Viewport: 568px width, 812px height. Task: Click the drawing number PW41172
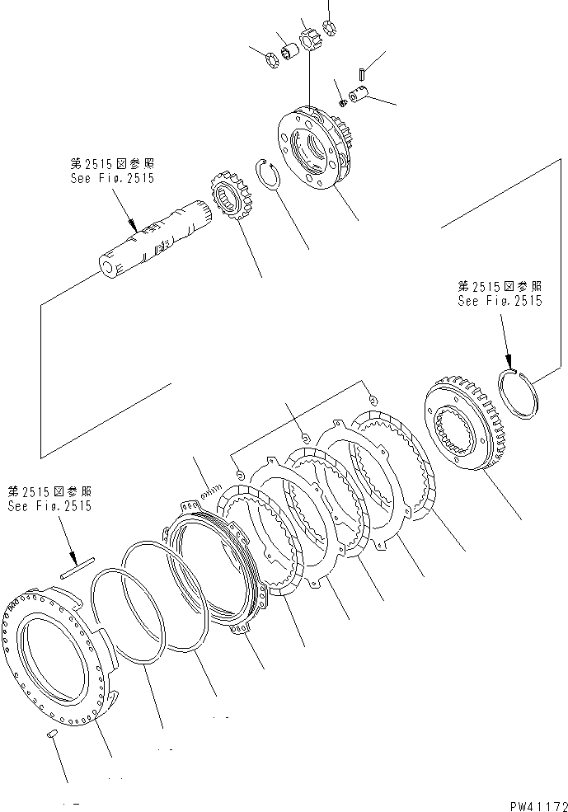coord(528,800)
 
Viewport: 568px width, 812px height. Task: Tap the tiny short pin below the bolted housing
coord(52,732)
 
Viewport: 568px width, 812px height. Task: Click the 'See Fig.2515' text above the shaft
coord(112,177)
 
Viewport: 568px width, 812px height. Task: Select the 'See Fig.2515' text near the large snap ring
coord(500,301)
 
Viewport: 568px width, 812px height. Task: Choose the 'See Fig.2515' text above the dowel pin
coord(49,506)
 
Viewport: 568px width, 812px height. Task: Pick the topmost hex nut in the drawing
coord(330,27)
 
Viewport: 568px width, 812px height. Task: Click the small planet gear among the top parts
coord(311,40)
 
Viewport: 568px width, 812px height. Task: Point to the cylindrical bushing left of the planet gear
coord(289,54)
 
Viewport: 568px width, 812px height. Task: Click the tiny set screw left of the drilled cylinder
coord(342,101)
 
